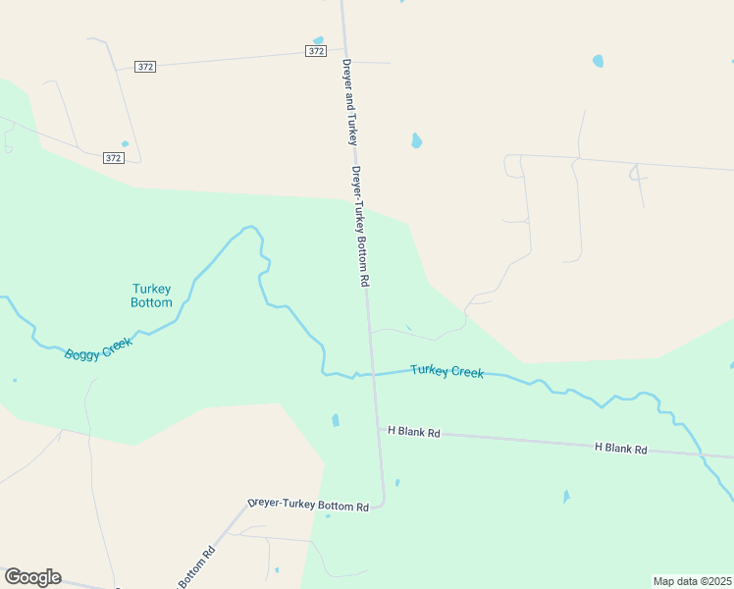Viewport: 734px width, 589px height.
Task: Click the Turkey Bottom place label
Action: tap(152, 295)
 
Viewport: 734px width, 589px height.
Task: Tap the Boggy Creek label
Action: tap(98, 348)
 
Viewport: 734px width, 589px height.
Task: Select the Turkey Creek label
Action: tap(446, 371)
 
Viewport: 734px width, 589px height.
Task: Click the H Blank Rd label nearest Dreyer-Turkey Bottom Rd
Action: tap(413, 431)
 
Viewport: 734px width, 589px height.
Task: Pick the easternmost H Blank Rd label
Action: tap(620, 449)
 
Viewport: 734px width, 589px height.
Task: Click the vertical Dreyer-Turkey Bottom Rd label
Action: tap(360, 225)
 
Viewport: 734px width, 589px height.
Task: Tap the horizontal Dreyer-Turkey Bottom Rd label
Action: tap(308, 506)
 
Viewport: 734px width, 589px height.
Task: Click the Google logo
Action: tap(32, 577)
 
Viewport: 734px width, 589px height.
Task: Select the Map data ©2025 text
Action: tap(692, 581)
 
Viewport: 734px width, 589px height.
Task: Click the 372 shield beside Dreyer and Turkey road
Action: tap(315, 51)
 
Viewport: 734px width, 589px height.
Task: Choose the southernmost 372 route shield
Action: tap(114, 157)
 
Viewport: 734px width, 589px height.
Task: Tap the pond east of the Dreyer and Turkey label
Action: tap(416, 140)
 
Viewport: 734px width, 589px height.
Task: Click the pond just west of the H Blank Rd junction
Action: tap(336, 420)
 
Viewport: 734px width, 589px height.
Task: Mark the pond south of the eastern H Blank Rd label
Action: tap(566, 497)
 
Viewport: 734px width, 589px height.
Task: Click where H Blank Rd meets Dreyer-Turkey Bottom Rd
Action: tap(376, 429)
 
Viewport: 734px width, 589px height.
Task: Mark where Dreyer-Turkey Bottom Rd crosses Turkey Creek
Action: tap(372, 374)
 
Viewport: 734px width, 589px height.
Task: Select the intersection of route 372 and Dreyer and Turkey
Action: tap(345, 47)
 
